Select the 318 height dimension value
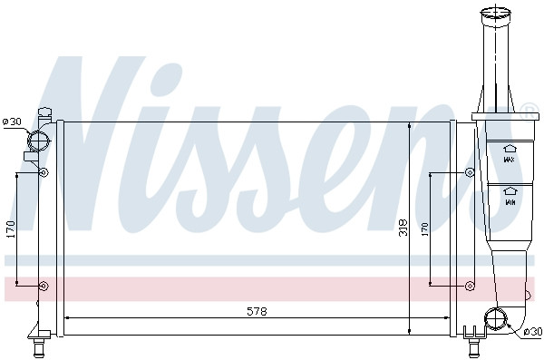tap(403, 229)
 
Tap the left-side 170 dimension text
tap(11, 229)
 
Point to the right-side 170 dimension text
tap(424, 229)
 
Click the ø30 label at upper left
tap(12, 121)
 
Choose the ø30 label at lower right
tap(531, 334)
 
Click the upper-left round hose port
tap(39, 141)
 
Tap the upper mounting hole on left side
tap(43, 171)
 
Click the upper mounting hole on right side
tap(469, 172)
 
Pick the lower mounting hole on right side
tap(469, 287)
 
